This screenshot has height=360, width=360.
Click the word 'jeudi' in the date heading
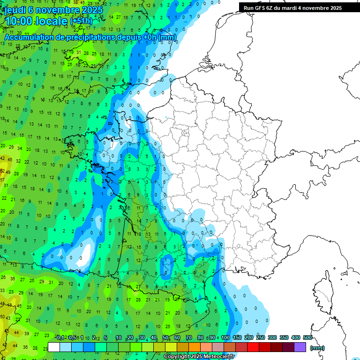click(15, 10)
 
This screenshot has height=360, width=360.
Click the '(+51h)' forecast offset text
click(81, 21)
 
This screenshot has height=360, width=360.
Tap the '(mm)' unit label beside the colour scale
click(317, 348)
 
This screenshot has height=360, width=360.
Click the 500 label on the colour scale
click(307, 338)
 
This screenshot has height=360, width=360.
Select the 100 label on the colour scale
click(225, 338)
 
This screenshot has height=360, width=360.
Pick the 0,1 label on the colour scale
click(60, 338)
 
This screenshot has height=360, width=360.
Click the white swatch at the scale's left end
click(54, 347)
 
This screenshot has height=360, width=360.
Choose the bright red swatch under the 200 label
click(253, 347)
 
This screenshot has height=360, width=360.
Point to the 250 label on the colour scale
click(260, 338)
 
